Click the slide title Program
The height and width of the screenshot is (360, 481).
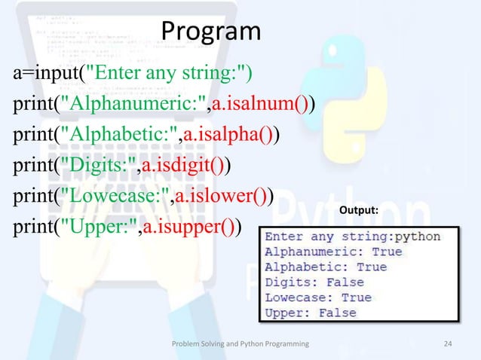point(211,32)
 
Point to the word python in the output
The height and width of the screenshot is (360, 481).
point(418,236)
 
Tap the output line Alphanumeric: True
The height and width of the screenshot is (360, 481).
point(332,252)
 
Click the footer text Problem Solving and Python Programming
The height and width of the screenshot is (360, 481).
point(240,343)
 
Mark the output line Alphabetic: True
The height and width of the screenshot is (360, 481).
point(325,267)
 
